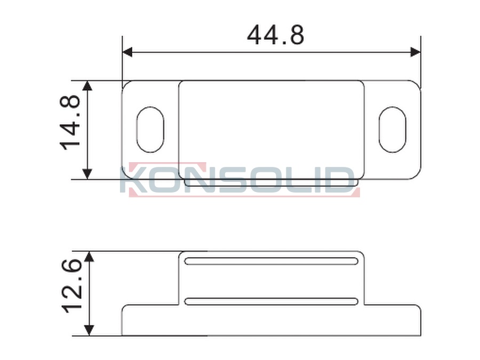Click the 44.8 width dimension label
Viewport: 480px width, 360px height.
pyautogui.click(x=276, y=35)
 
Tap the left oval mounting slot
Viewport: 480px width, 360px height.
pyautogui.click(x=150, y=130)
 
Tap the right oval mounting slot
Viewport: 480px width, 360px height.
pyautogui.click(x=393, y=130)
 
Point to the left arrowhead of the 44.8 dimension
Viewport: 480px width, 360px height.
pyautogui.click(x=127, y=52)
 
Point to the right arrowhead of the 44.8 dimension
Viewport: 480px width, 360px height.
pyautogui.click(x=415, y=52)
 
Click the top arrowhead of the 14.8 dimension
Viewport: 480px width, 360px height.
pyautogui.click(x=87, y=86)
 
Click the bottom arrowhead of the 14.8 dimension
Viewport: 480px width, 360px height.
pyautogui.click(x=87, y=174)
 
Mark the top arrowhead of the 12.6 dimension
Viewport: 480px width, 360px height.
pyautogui.click(x=89, y=257)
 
